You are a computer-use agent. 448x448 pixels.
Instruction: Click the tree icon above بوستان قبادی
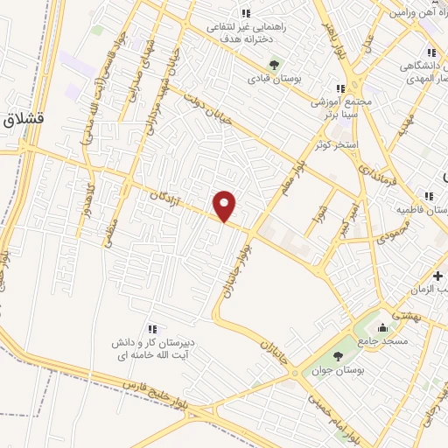point(273,64)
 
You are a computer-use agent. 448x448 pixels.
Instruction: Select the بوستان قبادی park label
point(273,79)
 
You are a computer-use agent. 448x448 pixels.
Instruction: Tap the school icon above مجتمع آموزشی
point(340,88)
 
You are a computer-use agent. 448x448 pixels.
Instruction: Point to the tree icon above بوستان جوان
point(338,355)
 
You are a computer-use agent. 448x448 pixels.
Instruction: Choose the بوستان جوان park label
point(338,370)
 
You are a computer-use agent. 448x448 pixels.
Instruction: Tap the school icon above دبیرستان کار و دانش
point(150,329)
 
